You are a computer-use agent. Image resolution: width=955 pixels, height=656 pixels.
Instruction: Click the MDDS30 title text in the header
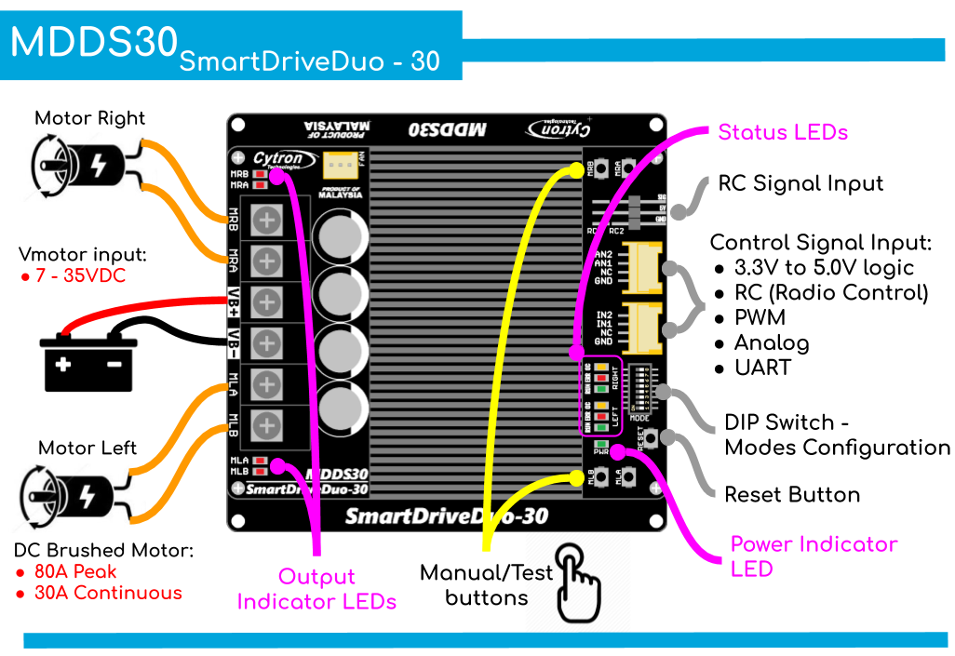93,42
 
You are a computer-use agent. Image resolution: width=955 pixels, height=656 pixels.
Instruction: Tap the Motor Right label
90,118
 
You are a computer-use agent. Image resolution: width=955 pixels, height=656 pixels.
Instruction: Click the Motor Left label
87,448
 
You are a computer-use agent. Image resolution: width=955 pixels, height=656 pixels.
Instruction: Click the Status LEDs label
783,132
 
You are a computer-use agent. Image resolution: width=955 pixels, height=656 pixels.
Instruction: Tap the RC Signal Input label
800,183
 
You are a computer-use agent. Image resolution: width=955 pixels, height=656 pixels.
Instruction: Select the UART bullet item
762,368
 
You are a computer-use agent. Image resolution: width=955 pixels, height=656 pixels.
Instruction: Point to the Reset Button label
792,494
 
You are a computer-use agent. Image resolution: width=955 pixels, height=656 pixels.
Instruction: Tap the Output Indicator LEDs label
316,589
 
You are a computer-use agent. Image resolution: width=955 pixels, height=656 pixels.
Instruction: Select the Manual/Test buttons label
486,585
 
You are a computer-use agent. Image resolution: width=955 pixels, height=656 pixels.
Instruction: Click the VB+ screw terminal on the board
268,301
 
